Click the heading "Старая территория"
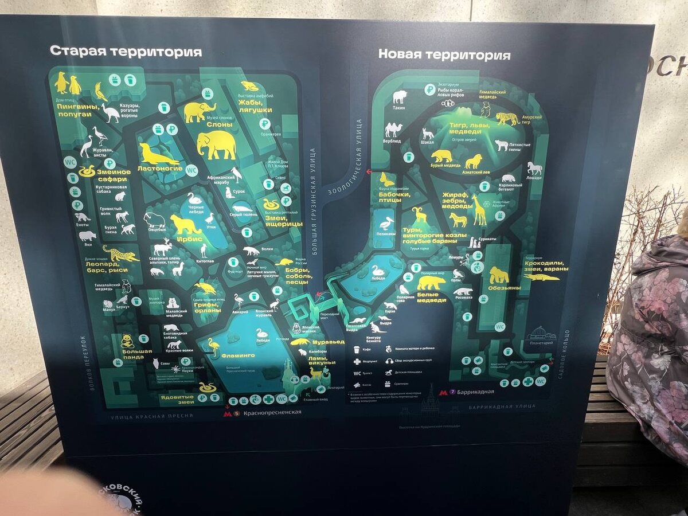pyautogui.click(x=126, y=52)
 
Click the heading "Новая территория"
pyautogui.click(x=444, y=55)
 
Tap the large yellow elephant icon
pyautogui.click(x=216, y=144)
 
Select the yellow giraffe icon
pyautogui.click(x=479, y=210)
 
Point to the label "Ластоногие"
pyautogui.click(x=161, y=168)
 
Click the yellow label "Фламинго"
pyautogui.click(x=238, y=355)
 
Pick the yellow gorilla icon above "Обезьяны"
pyautogui.click(x=498, y=275)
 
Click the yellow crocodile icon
pyautogui.click(x=541, y=277)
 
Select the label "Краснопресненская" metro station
pyautogui.click(x=272, y=412)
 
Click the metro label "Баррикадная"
pyautogui.click(x=475, y=393)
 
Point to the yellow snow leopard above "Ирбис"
pyautogui.click(x=185, y=224)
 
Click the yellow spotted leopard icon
pyautogui.click(x=120, y=253)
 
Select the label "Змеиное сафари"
pyautogui.click(x=113, y=175)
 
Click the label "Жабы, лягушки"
pyautogui.click(x=255, y=106)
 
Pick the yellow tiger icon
pyautogui.click(x=507, y=119)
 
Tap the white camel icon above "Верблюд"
pyautogui.click(x=393, y=130)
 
